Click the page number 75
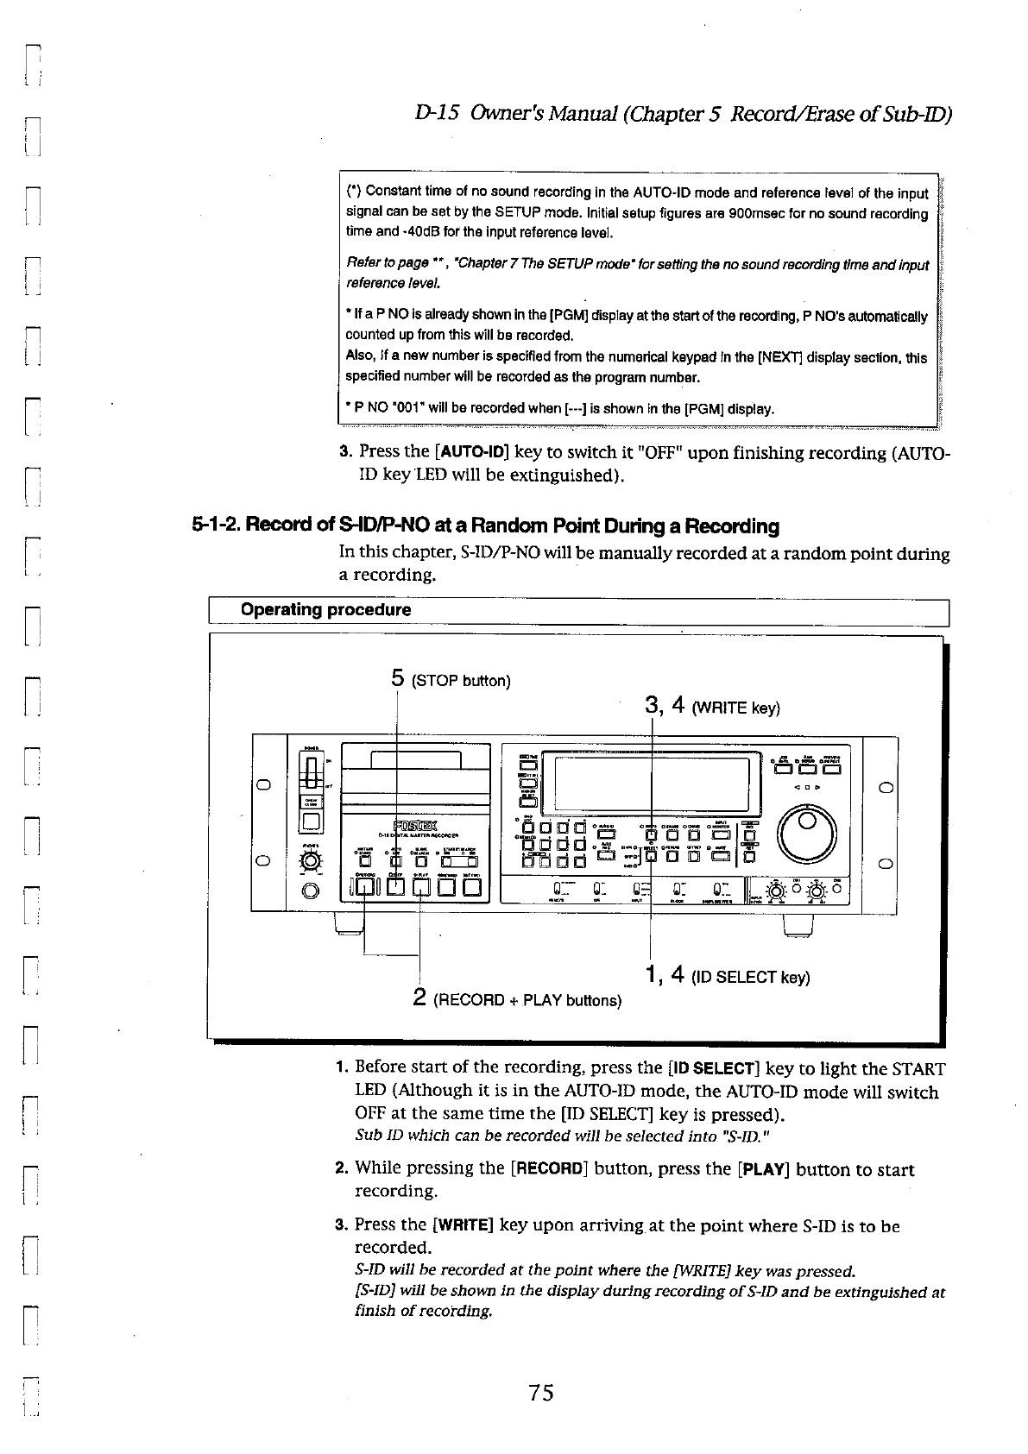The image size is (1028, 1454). click(x=541, y=1392)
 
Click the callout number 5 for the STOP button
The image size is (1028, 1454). click(x=398, y=678)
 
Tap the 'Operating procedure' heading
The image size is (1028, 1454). click(x=325, y=610)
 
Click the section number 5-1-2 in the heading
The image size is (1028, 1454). click(x=216, y=526)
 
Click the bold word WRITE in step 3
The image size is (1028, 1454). click(x=463, y=1224)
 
